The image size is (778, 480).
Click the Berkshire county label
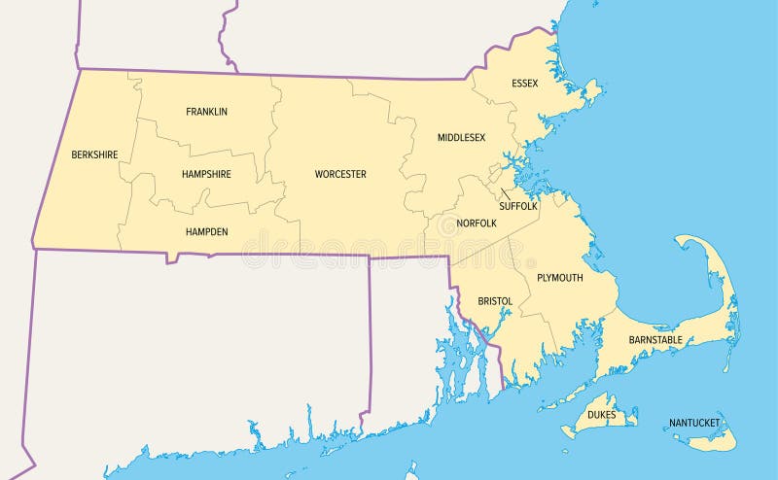click(x=94, y=154)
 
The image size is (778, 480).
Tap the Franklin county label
click(x=206, y=112)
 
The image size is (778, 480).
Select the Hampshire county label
click(x=206, y=174)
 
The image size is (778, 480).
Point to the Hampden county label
click(x=206, y=232)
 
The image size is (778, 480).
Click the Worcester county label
click(x=340, y=175)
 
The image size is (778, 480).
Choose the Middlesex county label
click(x=461, y=138)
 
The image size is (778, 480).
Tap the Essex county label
click(x=525, y=84)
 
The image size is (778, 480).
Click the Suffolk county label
click(x=518, y=206)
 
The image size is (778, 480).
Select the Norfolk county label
click(x=477, y=223)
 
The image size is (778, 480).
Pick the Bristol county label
click(x=495, y=301)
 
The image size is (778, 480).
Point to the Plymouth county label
click(x=559, y=278)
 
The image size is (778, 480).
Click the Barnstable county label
click(x=655, y=340)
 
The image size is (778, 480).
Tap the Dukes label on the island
click(x=601, y=415)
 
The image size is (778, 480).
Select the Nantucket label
click(x=694, y=424)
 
